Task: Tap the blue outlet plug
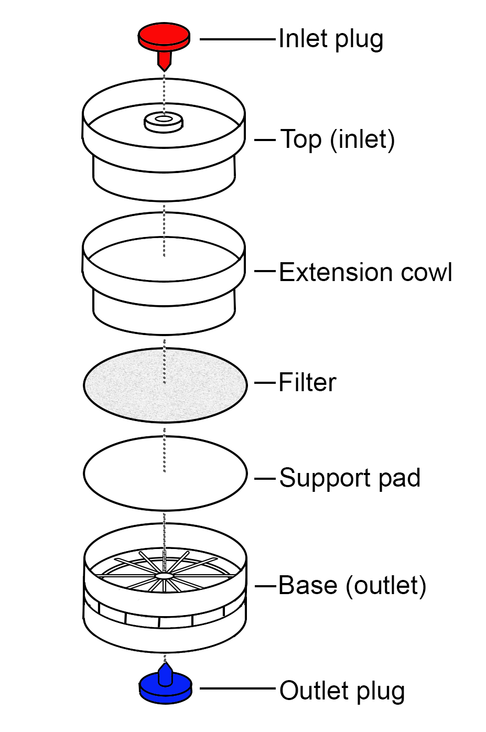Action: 165,687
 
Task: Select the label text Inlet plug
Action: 330,39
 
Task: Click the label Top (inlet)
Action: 338,140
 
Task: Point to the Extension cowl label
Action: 365,273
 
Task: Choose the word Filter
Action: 307,383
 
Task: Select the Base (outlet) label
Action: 352,586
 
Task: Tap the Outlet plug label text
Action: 342,691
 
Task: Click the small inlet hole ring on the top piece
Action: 164,121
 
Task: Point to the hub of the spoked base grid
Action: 165,576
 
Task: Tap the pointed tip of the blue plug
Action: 166,666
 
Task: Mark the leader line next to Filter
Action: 265,383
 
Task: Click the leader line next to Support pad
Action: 265,479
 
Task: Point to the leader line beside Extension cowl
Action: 265,272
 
